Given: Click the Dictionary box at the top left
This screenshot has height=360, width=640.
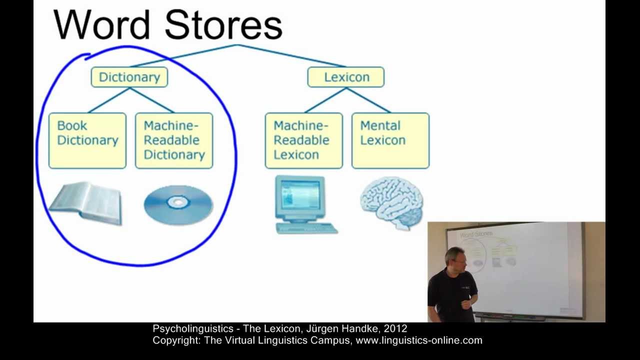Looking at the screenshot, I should pyautogui.click(x=129, y=77).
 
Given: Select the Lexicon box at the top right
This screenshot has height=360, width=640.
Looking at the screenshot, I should pyautogui.click(x=346, y=77).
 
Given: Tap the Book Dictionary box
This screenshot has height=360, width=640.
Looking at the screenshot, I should pyautogui.click(x=87, y=140).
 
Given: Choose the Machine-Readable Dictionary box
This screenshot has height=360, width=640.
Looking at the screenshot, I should pyautogui.click(x=174, y=140).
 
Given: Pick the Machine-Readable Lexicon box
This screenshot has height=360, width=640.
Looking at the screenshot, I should pyautogui.click(x=304, y=140).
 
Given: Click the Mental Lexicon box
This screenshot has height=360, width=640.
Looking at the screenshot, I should pyautogui.click(x=390, y=140).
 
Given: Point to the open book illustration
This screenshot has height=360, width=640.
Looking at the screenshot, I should pyautogui.click(x=86, y=203).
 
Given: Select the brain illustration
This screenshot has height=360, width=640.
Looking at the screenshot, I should pyautogui.click(x=391, y=202).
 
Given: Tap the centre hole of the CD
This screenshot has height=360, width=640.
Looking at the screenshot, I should pyautogui.click(x=178, y=202).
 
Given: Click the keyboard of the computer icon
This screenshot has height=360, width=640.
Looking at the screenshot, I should pyautogui.click(x=306, y=228).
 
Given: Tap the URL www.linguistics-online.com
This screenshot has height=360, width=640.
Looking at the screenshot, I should pyautogui.click(x=419, y=340).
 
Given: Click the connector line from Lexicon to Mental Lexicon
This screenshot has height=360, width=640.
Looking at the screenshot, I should pyautogui.click(x=368, y=100).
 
